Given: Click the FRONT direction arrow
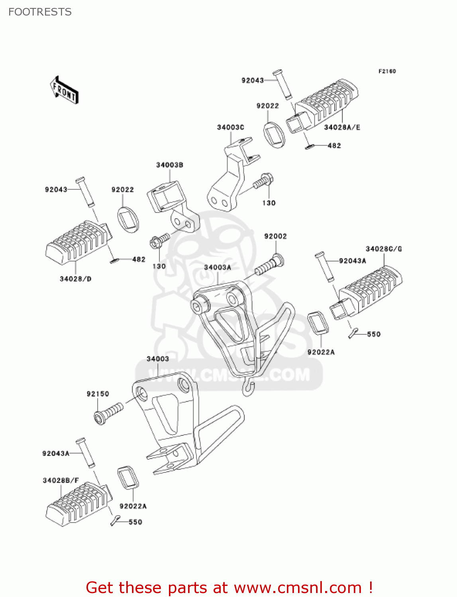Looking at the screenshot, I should [x=64, y=90].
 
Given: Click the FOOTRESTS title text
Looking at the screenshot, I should [x=40, y=12].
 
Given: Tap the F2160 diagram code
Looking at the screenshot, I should [x=387, y=71].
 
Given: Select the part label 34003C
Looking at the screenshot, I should [x=230, y=127].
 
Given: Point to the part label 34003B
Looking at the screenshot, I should [x=169, y=165].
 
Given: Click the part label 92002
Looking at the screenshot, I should [x=275, y=236].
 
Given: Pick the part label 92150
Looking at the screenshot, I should [x=98, y=394].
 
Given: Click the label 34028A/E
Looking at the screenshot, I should [x=342, y=127].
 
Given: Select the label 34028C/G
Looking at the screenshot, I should [x=384, y=249].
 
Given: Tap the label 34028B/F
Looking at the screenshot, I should [x=61, y=480].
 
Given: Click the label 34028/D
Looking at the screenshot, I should [x=75, y=279].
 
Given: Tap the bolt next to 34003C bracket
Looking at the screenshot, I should [x=263, y=181].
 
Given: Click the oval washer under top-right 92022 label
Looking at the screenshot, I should [x=275, y=135].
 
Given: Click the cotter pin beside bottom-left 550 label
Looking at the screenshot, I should [x=115, y=520].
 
